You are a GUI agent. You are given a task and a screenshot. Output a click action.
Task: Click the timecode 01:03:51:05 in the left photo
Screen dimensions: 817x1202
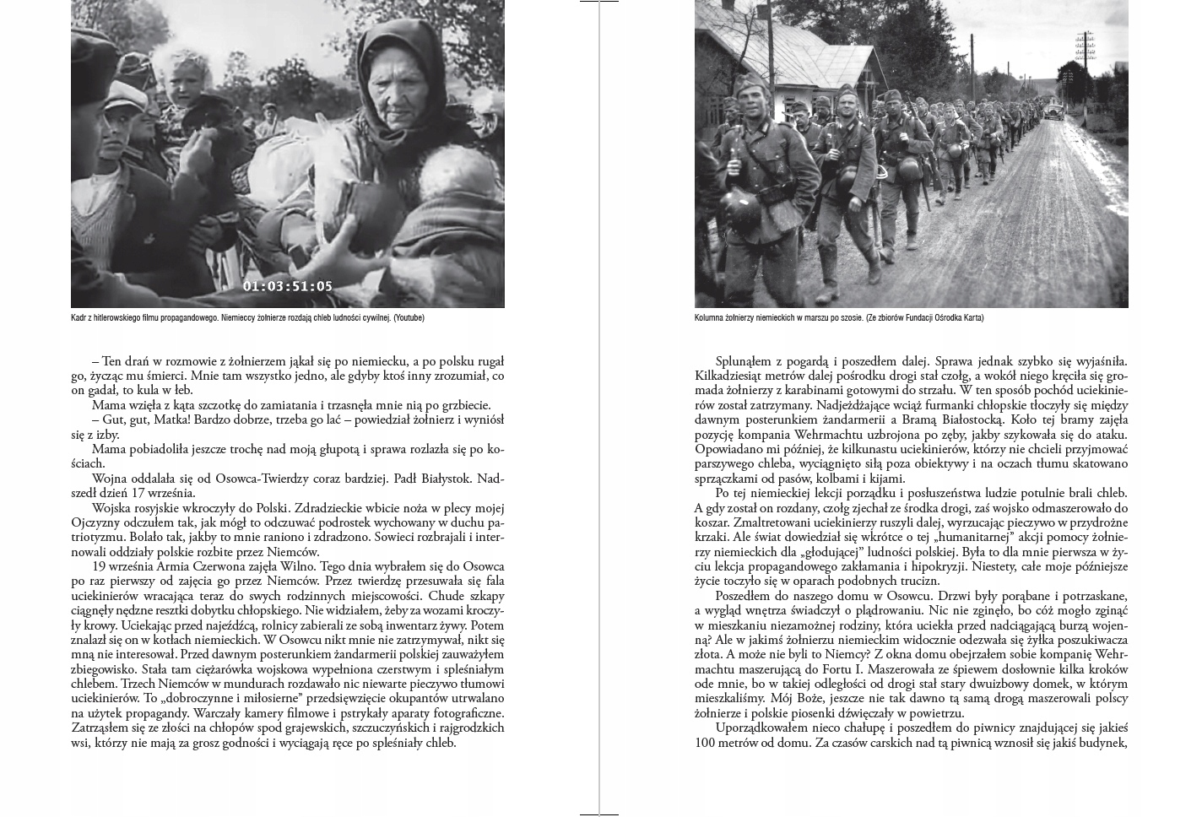[x=288, y=286]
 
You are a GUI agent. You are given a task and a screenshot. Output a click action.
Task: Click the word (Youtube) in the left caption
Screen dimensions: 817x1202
[x=409, y=318]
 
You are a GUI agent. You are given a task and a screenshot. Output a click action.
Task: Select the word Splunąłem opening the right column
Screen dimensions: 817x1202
[x=745, y=361]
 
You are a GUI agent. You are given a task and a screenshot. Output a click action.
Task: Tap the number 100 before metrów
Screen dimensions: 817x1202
[x=706, y=743]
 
